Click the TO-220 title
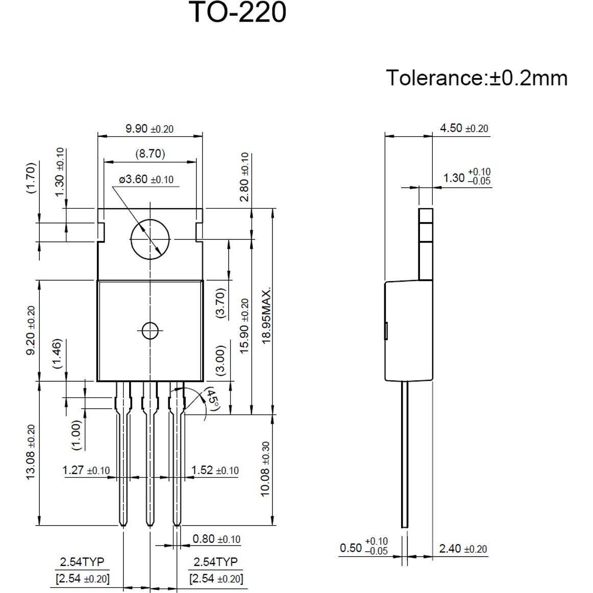coord(238,12)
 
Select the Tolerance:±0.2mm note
coord(476,78)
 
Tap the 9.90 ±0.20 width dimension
coord(150,128)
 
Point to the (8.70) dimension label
coord(150,153)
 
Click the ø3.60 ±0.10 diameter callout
coord(146,180)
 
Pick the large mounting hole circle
coord(150,239)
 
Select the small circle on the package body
coord(150,331)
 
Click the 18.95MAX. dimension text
coord(266,315)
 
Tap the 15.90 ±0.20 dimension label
coord(245,326)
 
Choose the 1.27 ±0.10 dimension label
coord(86,470)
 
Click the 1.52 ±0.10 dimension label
coord(215,470)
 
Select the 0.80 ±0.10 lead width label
coord(216,539)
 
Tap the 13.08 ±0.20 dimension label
coord(31,452)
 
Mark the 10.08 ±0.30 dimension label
coord(265,469)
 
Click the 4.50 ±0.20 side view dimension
coord(464,128)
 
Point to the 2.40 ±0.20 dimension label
coord(463,549)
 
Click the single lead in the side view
coord(404,454)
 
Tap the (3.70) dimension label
coord(220,303)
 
